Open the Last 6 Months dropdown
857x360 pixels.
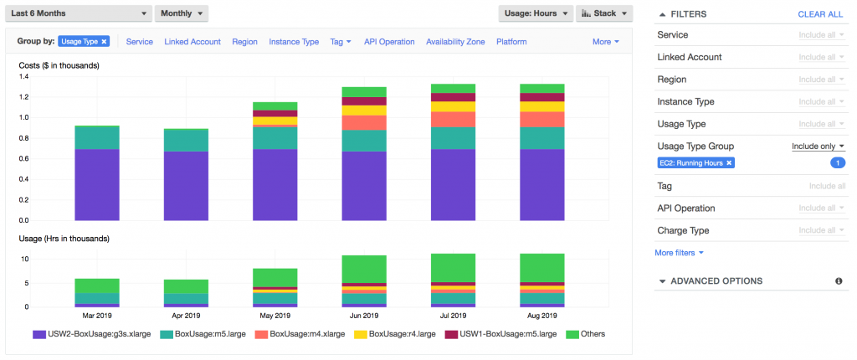[x=79, y=14]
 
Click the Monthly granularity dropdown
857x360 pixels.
[x=181, y=14]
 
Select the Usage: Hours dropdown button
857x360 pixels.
[x=536, y=14]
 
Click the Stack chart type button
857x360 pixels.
[x=603, y=14]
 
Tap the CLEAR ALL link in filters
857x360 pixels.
[x=820, y=14]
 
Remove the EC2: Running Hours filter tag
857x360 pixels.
[x=729, y=162]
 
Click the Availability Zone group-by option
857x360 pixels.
[x=455, y=42]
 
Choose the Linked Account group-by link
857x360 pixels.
[x=192, y=42]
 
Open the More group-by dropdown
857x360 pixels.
[x=605, y=42]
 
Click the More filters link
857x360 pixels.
[x=679, y=252]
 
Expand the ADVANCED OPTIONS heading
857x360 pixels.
[x=716, y=281]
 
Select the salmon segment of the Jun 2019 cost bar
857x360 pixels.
[x=364, y=123]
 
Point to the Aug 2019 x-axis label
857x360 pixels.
[x=542, y=316]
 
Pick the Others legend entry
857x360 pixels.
[x=585, y=334]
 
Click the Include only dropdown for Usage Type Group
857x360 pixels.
[x=819, y=147]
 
